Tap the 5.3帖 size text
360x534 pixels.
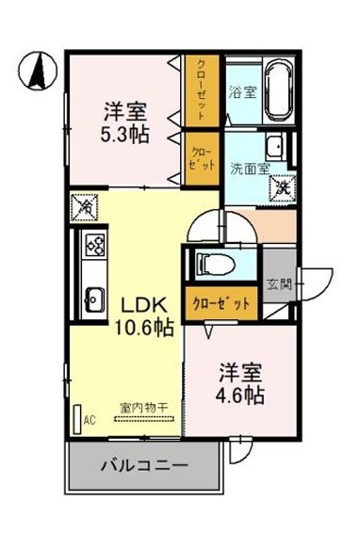pos(125,133)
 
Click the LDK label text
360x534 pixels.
pos(143,307)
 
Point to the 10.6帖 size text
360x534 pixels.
pos(143,328)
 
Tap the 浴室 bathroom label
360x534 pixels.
pos(242,92)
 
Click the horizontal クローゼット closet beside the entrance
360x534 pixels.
pos(221,302)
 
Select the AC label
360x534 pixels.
pos(90,420)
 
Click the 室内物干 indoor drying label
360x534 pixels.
pos(143,407)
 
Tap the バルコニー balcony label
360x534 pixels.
pos(143,466)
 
